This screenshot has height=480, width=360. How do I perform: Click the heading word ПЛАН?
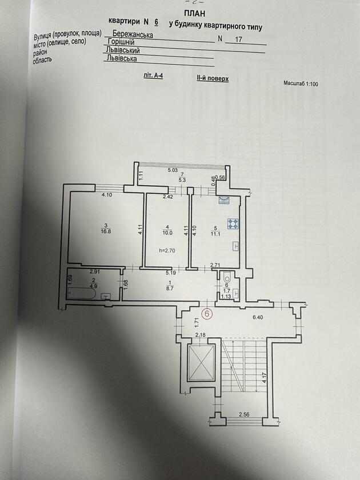click(x=195, y=13)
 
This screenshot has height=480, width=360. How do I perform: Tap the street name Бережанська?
click(x=133, y=33)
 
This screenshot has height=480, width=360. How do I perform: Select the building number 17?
click(x=238, y=39)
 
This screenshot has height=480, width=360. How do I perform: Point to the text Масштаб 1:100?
click(x=301, y=83)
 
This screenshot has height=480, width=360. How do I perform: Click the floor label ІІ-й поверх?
click(x=213, y=78)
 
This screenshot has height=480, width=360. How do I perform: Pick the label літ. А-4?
click(x=153, y=75)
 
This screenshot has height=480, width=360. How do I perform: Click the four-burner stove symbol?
click(x=233, y=224)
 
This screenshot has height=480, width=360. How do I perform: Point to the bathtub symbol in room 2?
click(x=82, y=294)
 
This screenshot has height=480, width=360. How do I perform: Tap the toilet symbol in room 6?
click(x=227, y=278)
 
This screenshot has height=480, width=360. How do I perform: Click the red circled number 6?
click(x=207, y=314)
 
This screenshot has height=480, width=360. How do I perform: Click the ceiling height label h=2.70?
click(x=167, y=250)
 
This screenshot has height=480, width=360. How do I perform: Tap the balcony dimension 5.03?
click(x=173, y=170)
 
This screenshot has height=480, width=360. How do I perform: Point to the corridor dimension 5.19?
click(x=171, y=272)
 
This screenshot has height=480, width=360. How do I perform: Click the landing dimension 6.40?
click(x=258, y=318)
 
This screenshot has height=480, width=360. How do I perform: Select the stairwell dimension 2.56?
click(x=244, y=414)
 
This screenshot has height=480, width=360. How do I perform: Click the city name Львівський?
click(x=123, y=50)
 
